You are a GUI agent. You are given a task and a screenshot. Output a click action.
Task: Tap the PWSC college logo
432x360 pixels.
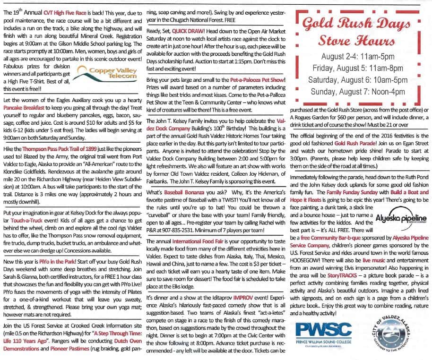click(x=323, y=332)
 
